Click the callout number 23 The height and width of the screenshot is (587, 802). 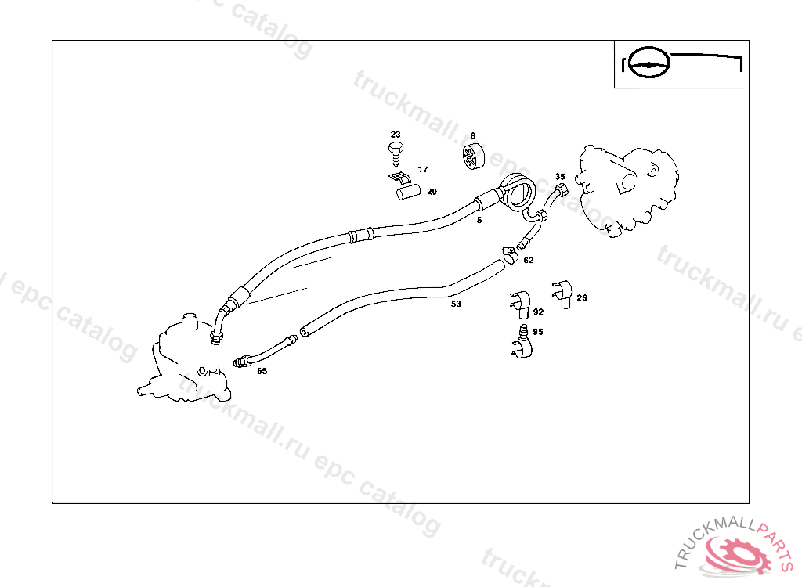396,135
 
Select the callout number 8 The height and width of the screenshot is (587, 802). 472,135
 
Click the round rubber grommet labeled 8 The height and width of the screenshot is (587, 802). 473,157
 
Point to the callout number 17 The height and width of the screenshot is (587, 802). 422,169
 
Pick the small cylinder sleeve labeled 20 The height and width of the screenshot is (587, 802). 409,193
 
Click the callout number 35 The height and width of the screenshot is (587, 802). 560,176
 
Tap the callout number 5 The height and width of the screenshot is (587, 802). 479,221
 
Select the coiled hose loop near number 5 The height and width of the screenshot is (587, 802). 518,191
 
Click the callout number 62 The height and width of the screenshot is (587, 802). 529,261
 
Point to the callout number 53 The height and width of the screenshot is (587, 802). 456,304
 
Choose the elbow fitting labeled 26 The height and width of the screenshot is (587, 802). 562,294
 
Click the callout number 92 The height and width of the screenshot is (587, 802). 538,312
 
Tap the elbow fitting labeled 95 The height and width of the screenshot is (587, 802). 522,343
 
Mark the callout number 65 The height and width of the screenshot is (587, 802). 262,371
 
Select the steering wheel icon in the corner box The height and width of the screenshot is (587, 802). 648,63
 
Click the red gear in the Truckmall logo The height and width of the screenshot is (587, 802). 739,554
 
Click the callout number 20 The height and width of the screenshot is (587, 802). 432,192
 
